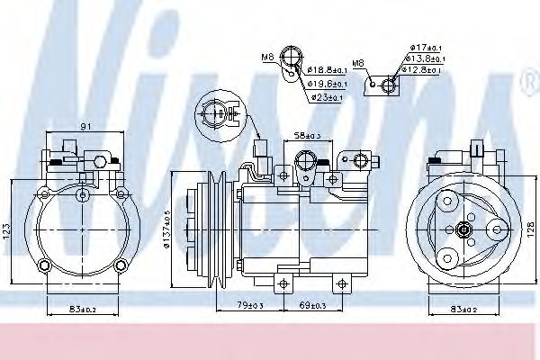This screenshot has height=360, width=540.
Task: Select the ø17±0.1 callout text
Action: [424, 47]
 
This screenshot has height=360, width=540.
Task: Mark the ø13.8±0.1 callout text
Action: [424, 58]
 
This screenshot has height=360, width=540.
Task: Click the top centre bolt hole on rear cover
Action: [83, 194]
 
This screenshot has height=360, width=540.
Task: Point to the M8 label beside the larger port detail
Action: [267, 58]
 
